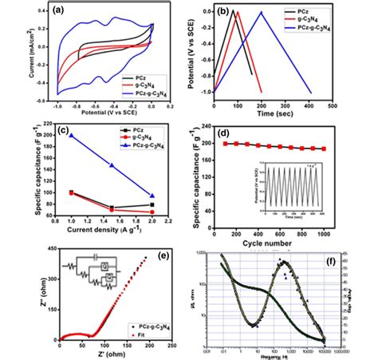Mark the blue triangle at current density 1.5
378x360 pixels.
coord(112,166)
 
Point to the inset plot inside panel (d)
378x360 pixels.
coord(310,188)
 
